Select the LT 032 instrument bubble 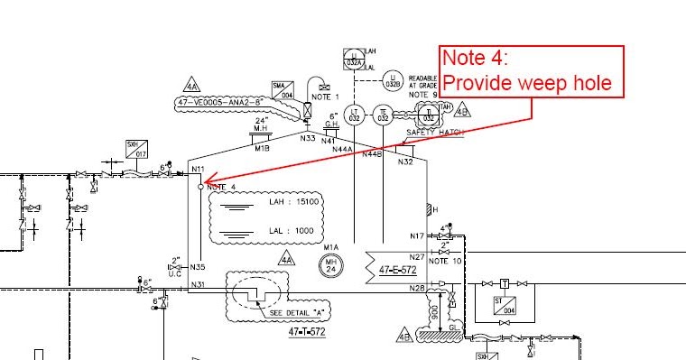coord(355,115)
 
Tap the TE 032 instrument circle coord(383,115)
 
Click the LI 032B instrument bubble coord(393,79)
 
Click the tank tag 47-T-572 coord(306,332)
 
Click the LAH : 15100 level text coord(294,202)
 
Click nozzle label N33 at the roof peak coord(309,138)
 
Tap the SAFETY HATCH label coord(434,133)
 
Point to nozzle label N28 coord(416,289)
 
